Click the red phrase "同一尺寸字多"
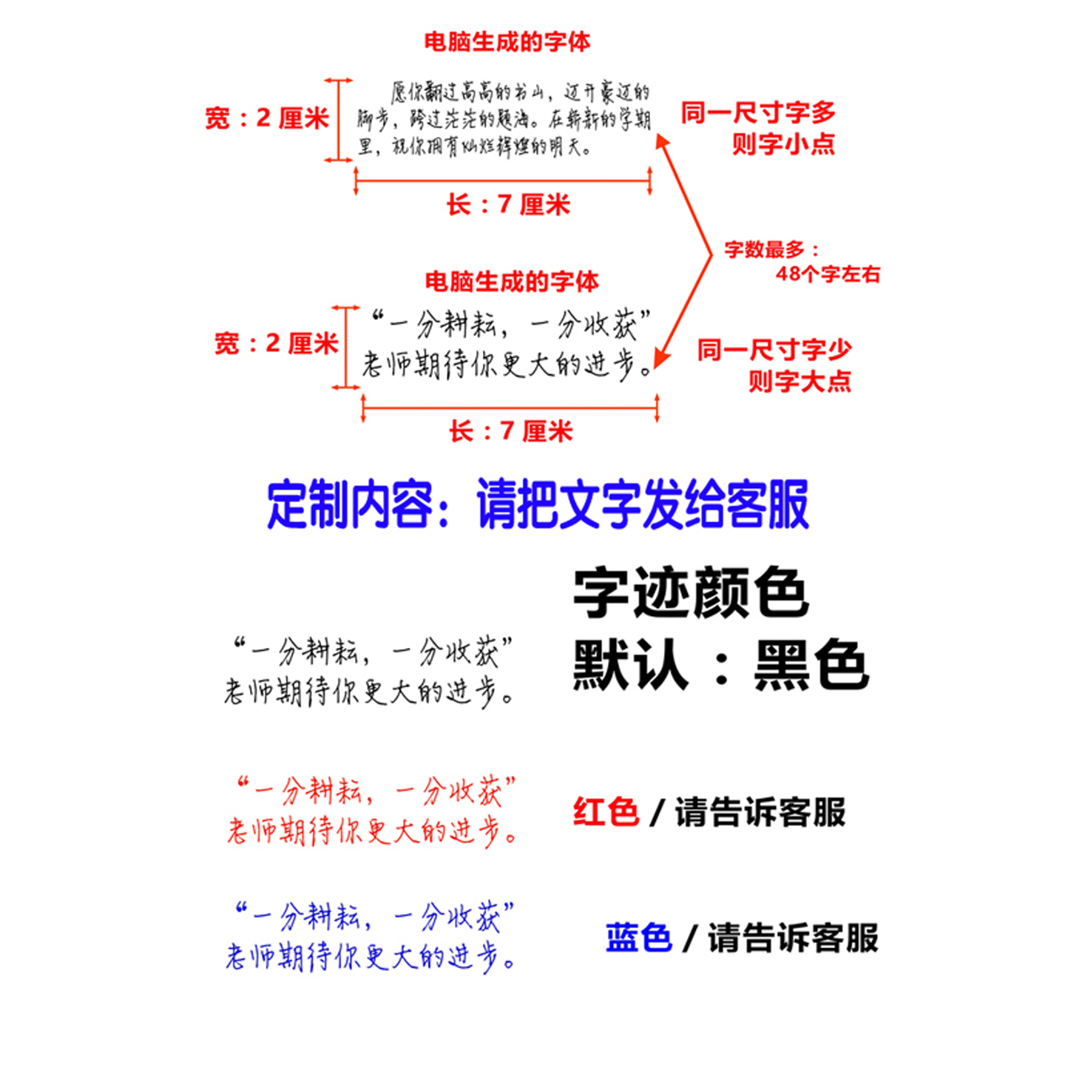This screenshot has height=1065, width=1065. [x=758, y=113]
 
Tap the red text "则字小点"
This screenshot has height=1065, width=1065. [x=783, y=143]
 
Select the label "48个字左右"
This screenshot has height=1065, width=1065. [x=828, y=274]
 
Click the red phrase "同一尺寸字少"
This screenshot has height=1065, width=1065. [x=774, y=350]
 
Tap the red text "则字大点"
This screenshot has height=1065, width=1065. [x=799, y=382]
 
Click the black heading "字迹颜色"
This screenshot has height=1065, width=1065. [x=691, y=592]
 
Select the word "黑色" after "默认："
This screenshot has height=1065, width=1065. [x=811, y=665]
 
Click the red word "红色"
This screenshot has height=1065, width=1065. [x=606, y=812]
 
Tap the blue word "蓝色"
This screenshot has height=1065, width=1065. [x=638, y=938]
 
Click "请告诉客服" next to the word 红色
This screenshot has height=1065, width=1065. [x=760, y=812]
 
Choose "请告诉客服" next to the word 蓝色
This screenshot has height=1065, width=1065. [x=793, y=938]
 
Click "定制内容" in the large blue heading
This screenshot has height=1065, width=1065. [x=349, y=504]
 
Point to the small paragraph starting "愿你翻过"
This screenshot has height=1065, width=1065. [x=504, y=119]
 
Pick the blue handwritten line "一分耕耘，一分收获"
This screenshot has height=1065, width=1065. [x=374, y=917]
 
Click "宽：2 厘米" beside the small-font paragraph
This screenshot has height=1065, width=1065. [x=267, y=118]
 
